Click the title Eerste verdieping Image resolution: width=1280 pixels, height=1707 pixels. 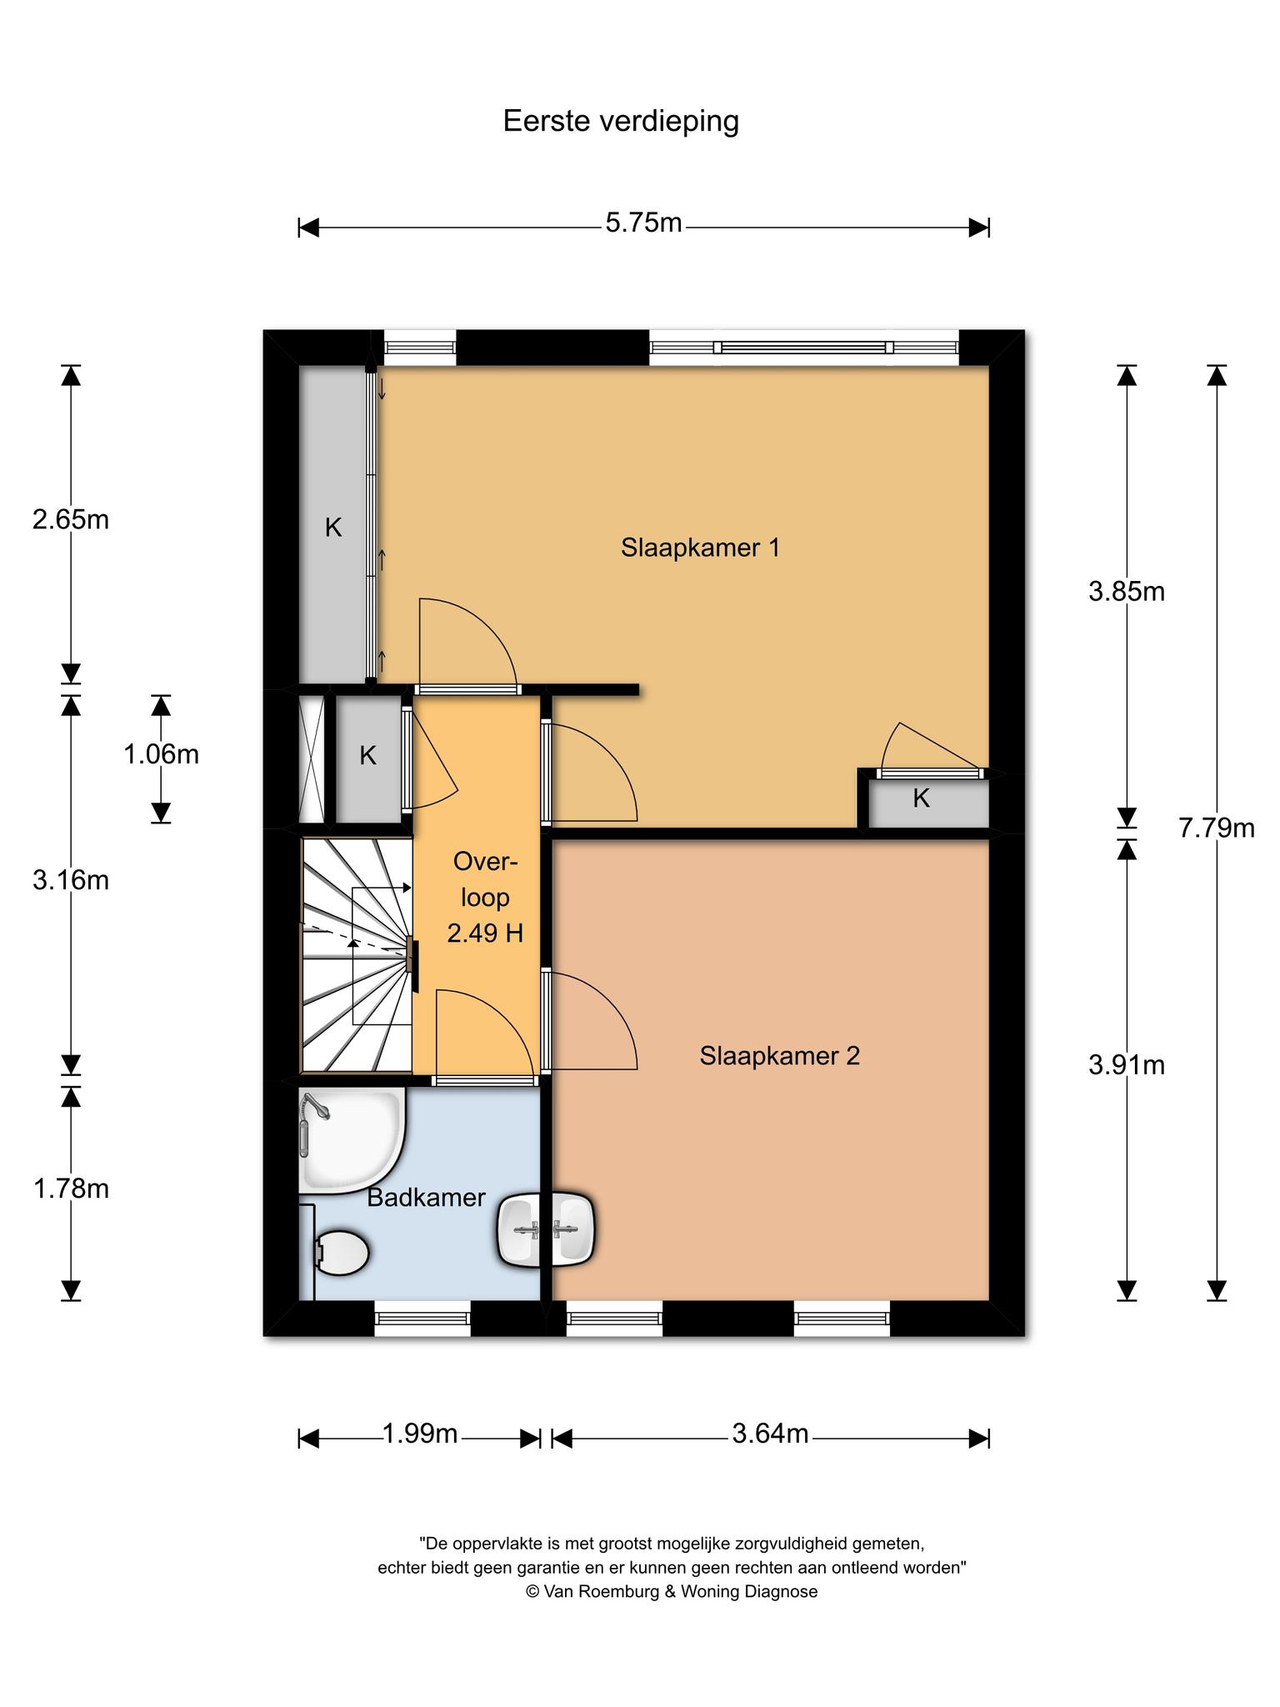tap(621, 122)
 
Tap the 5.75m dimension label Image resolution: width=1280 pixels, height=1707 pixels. tap(643, 223)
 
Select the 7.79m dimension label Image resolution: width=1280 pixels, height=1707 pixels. tap(1217, 828)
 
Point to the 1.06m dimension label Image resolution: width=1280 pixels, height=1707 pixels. tap(161, 754)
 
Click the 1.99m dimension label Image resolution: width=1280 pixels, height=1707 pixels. tap(420, 1434)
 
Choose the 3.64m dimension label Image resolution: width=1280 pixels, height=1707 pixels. tap(770, 1434)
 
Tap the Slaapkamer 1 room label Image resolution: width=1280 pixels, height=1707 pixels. tap(700, 548)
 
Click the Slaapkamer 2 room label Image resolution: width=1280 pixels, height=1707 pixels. tap(780, 1056)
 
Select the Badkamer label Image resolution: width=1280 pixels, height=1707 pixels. tap(426, 1198)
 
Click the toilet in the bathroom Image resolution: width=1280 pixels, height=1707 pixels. tap(342, 1253)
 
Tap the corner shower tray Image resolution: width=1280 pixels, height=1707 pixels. tap(352, 1140)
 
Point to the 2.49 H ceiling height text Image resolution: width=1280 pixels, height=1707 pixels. tap(485, 933)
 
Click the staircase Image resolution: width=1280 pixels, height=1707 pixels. tap(357, 954)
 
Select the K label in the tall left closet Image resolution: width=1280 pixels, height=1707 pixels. tap(333, 528)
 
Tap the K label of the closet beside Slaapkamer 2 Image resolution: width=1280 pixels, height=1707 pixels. tap(921, 798)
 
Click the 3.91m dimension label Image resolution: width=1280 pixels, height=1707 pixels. tap(1127, 1065)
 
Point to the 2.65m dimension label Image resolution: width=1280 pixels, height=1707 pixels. tap(71, 520)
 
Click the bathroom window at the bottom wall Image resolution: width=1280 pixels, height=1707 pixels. tap(422, 1319)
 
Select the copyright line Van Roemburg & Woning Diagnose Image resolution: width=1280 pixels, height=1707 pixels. tap(672, 1592)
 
